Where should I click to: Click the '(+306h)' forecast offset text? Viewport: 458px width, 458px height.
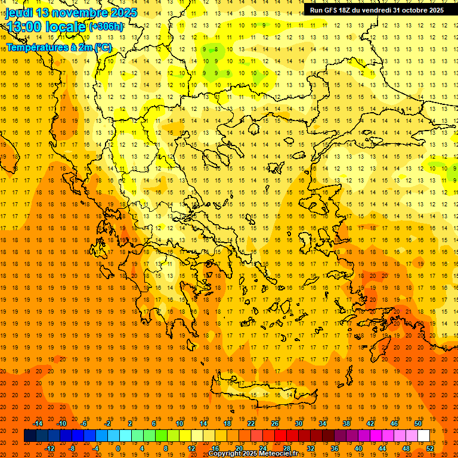tap(106, 26)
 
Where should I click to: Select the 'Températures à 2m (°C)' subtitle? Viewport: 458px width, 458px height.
tap(59, 47)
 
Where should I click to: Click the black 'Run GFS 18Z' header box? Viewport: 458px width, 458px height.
tap(376, 10)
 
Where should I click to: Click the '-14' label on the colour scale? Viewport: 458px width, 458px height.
tap(38, 423)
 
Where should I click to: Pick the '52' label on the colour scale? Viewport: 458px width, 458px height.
tap(430, 448)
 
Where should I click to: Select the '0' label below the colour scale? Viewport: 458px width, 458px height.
tap(118, 448)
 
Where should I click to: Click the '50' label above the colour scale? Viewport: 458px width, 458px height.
tap(418, 423)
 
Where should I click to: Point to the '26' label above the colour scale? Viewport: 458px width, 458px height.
tap(275, 423)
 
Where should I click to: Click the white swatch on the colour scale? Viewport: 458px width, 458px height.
tap(423, 436)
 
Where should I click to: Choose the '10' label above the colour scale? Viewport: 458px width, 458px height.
tap(180, 423)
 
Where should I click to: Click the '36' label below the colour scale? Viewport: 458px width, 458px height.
tap(335, 448)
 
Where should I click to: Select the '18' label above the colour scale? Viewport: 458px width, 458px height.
tap(227, 423)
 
